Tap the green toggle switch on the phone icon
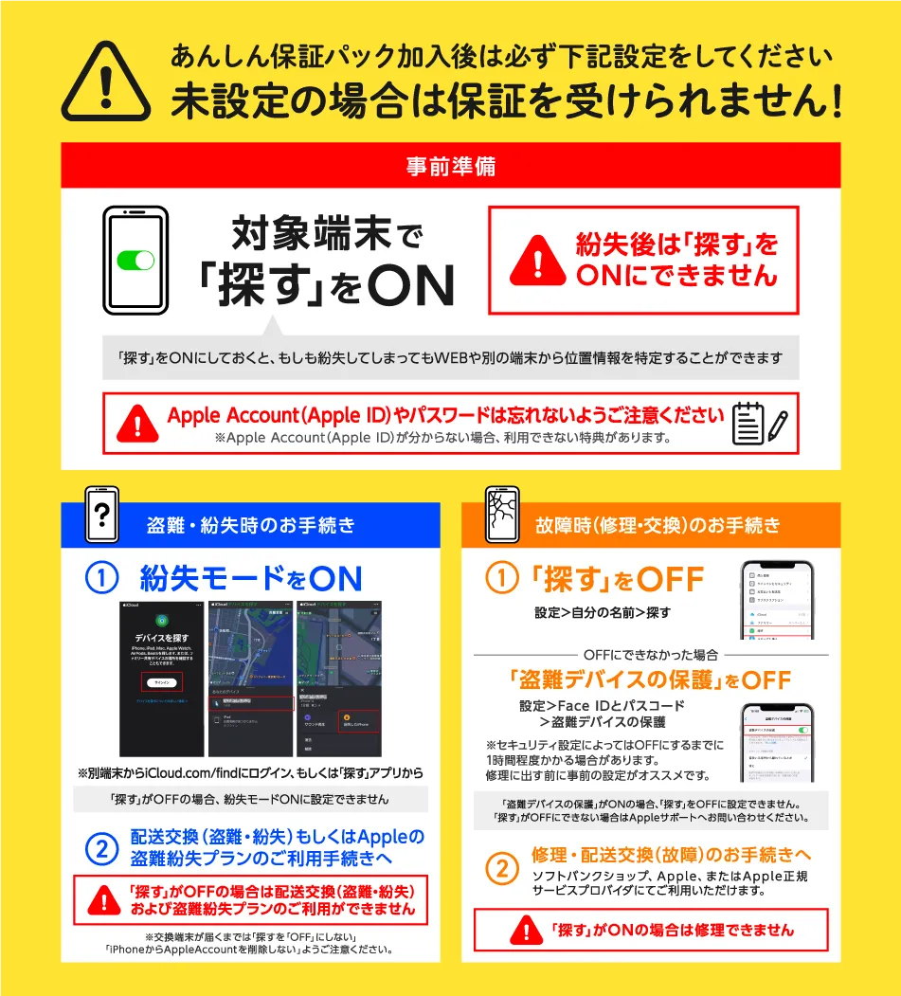[x=135, y=260]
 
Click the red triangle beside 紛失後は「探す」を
[x=537, y=261]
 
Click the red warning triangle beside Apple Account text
[x=137, y=423]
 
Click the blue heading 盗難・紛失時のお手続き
[x=251, y=525]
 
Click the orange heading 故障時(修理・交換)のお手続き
[x=658, y=525]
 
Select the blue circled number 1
[x=101, y=579]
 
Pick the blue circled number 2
[x=101, y=848]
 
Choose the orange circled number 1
[x=502, y=579]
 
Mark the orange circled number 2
[x=502, y=868]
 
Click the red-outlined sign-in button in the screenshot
[x=162, y=681]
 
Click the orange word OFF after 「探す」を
[x=670, y=579]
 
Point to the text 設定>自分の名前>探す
[x=603, y=613]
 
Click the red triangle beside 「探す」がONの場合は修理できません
[x=525, y=930]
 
